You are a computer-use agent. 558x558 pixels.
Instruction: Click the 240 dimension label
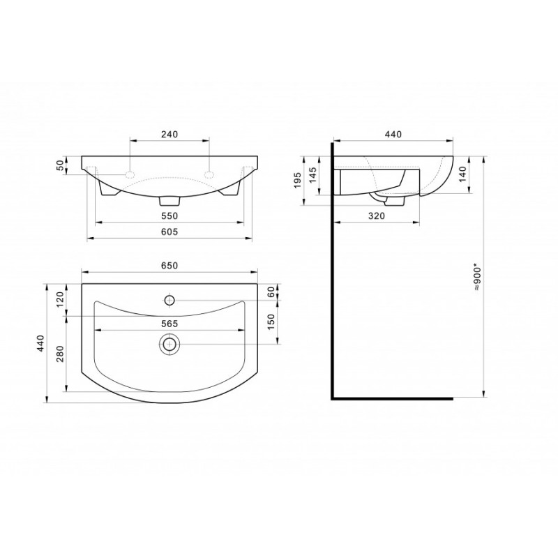tap(169, 134)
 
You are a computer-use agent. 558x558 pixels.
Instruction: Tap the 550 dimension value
tap(169, 216)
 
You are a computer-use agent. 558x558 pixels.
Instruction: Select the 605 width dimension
tap(169, 232)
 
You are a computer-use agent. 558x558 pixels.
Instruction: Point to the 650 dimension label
tap(169, 266)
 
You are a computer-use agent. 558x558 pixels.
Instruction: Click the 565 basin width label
tap(169, 324)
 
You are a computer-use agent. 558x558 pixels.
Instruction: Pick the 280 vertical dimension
tap(60, 354)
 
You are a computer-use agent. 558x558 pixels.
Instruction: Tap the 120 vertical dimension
tap(60, 299)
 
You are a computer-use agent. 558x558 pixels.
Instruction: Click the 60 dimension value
tap(271, 292)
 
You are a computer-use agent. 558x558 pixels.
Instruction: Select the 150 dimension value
tap(271, 322)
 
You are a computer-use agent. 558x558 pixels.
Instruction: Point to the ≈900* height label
tap(477, 278)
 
